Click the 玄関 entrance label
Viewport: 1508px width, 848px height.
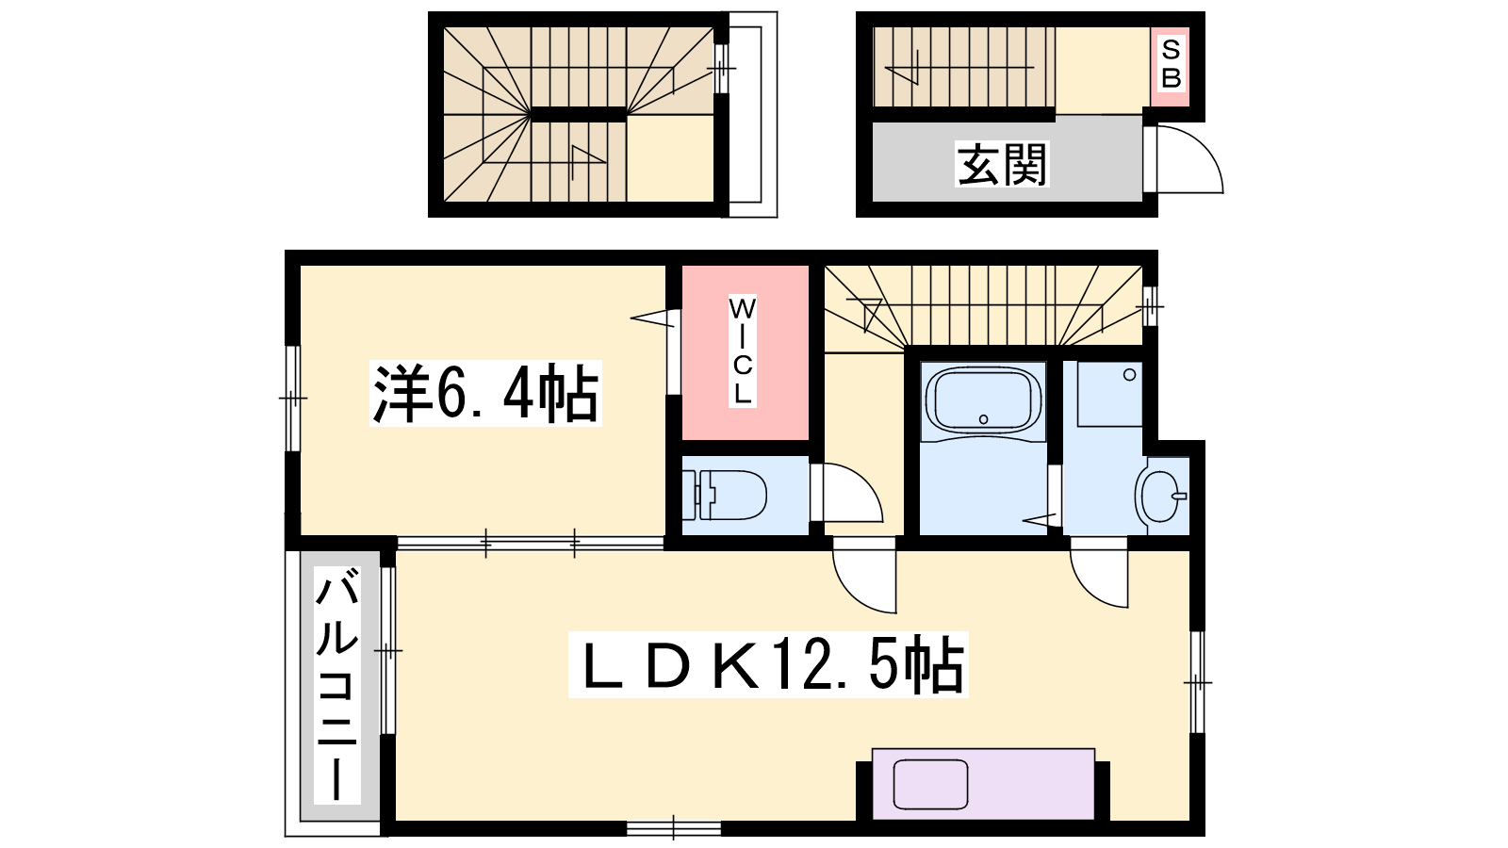tap(1002, 164)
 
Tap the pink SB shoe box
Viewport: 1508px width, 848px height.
tap(1170, 66)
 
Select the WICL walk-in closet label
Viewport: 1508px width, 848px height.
tap(742, 351)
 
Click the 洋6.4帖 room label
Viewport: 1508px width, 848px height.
tap(485, 394)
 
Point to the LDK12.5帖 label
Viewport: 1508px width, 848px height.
tap(768, 665)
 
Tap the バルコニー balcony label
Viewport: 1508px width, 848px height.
tap(337, 685)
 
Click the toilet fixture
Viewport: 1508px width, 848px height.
tap(725, 496)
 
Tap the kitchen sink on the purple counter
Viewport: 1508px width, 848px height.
tap(930, 784)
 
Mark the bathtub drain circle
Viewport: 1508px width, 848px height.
tap(984, 419)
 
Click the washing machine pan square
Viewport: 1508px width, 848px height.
tap(1109, 394)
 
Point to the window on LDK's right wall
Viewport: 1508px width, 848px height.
tap(1197, 682)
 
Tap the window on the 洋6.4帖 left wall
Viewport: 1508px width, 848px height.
tap(292, 399)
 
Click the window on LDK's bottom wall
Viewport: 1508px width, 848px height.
tap(674, 828)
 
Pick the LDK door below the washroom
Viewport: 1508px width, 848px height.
tap(1099, 573)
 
